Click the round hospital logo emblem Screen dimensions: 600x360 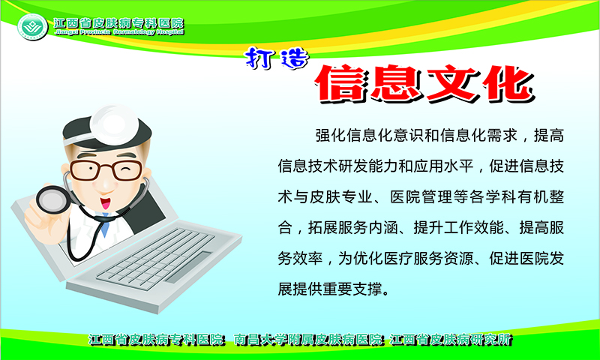click(x=32, y=27)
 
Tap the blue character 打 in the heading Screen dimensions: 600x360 click(x=259, y=58)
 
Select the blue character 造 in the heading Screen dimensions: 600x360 click(x=294, y=59)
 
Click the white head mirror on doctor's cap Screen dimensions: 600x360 click(x=114, y=123)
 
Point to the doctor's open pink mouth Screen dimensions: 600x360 click(x=105, y=202)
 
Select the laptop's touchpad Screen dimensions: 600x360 click(x=187, y=267)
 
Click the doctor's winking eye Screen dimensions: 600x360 click(x=124, y=168)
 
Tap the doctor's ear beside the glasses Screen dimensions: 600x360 click(x=65, y=170)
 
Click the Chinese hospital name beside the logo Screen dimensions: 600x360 click(x=119, y=23)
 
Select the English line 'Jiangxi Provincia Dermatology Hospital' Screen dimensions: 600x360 click(x=119, y=32)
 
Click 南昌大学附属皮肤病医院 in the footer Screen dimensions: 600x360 click(x=308, y=339)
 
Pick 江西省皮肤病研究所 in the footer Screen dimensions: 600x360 click(x=451, y=339)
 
